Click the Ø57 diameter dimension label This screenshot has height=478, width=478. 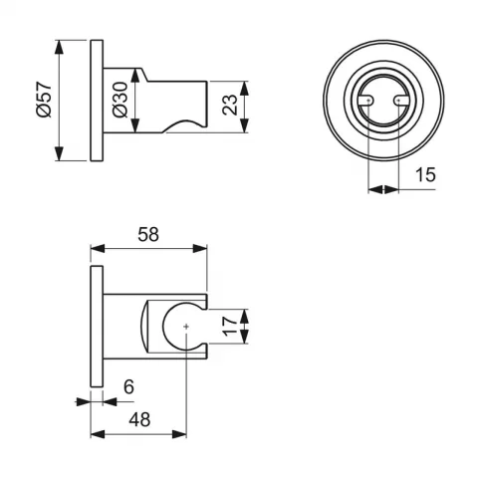[x=42, y=101]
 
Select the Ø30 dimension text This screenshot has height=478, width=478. [x=119, y=101]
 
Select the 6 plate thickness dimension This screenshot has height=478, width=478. [x=128, y=385]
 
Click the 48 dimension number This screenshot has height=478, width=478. [x=139, y=420]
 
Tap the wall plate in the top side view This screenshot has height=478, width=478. [x=97, y=101]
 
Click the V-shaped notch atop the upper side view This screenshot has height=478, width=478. [x=145, y=71]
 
